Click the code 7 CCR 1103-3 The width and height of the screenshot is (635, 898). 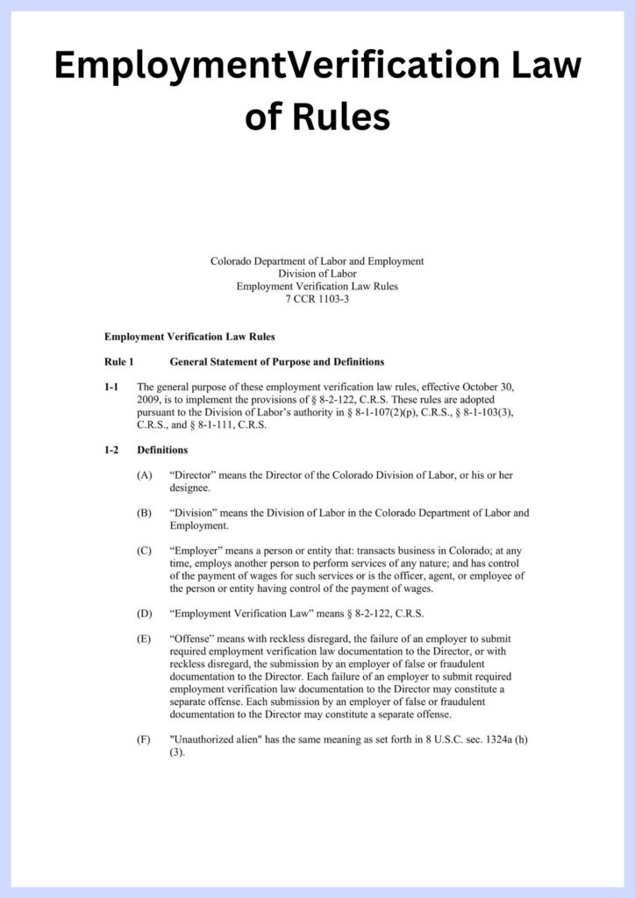(x=317, y=299)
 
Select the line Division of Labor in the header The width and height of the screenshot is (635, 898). (x=317, y=274)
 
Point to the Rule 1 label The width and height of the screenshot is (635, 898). (x=118, y=361)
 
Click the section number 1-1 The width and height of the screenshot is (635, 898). (x=111, y=387)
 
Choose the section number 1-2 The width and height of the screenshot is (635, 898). (x=111, y=450)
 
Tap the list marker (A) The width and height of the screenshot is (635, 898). (x=144, y=475)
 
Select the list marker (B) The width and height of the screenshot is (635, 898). (x=144, y=513)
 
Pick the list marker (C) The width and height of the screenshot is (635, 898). (x=144, y=551)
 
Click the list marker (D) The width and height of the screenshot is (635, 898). (x=144, y=613)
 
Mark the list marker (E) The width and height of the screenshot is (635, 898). (x=144, y=638)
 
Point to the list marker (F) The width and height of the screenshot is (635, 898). (x=144, y=739)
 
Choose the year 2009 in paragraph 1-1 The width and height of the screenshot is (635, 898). (x=149, y=400)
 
